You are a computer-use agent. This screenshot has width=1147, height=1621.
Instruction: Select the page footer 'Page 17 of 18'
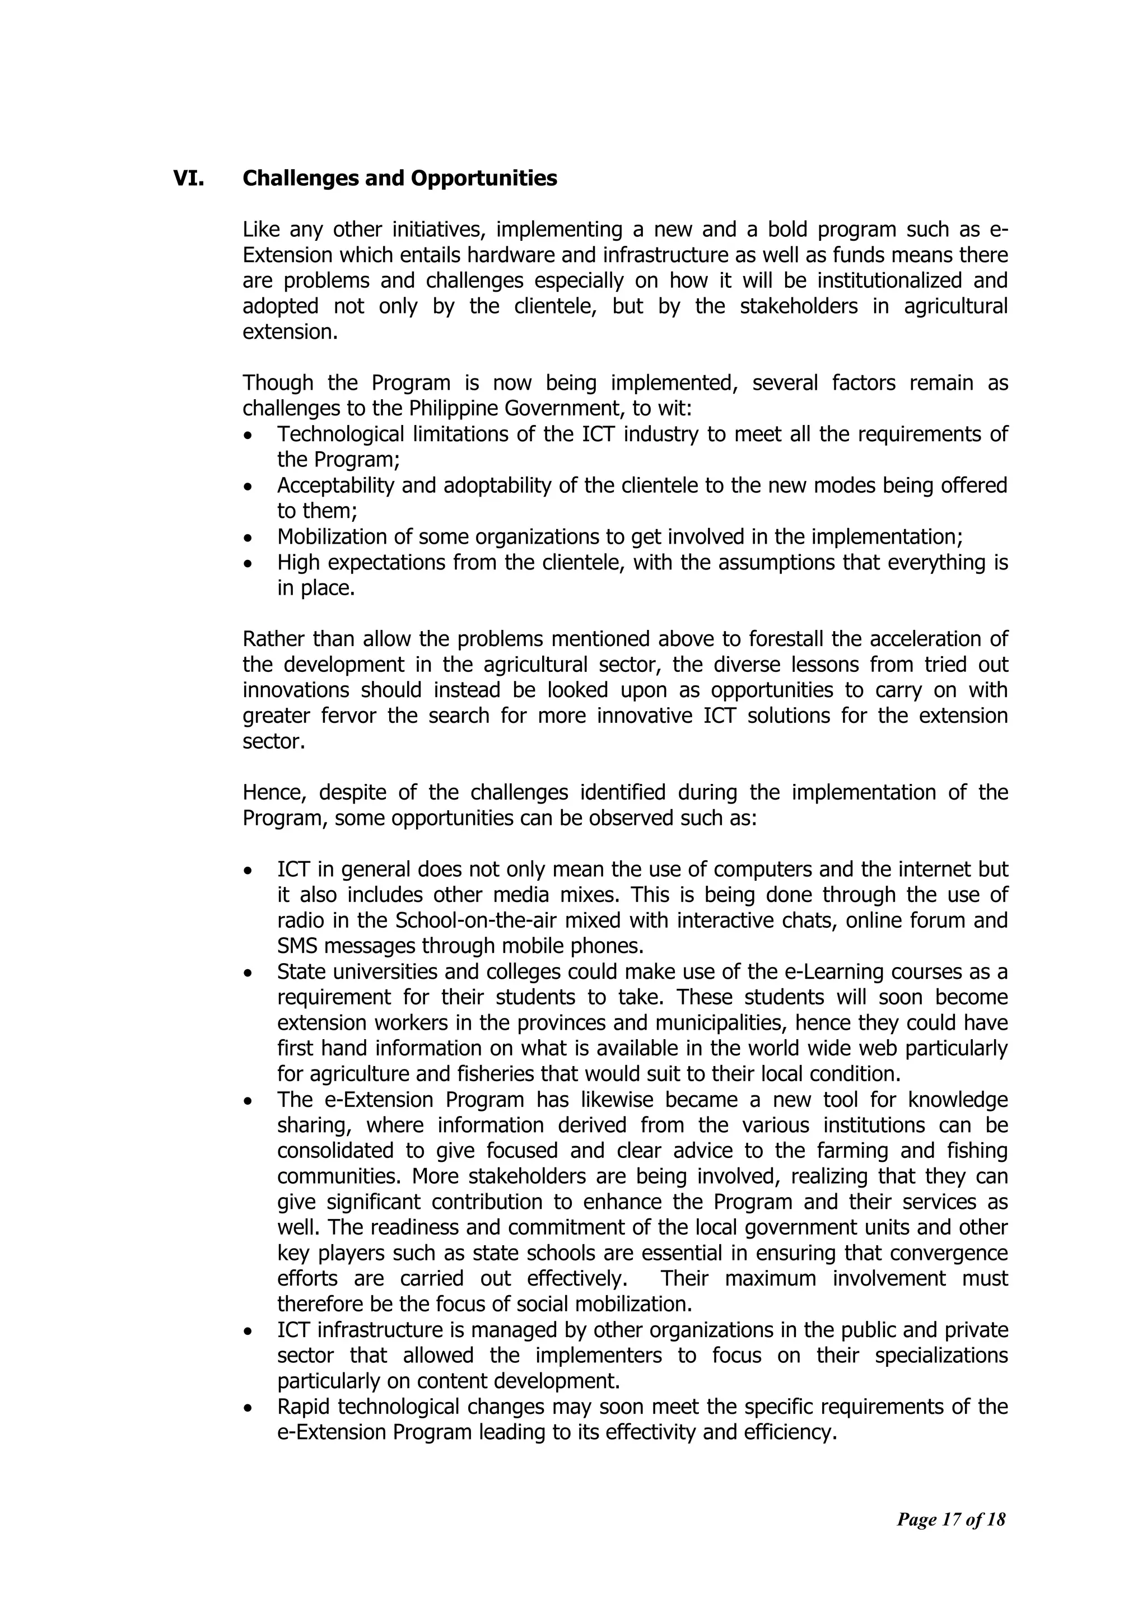coord(950,1519)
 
